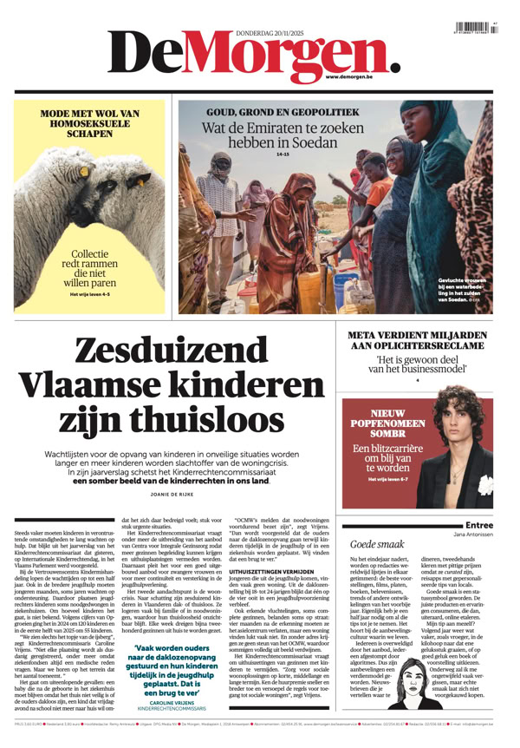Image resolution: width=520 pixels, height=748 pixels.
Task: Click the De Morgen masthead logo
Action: pos(251,54)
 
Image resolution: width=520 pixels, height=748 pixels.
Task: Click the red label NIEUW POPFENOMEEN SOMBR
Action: pos(381,423)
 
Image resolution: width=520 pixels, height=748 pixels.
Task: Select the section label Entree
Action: pos(479,525)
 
